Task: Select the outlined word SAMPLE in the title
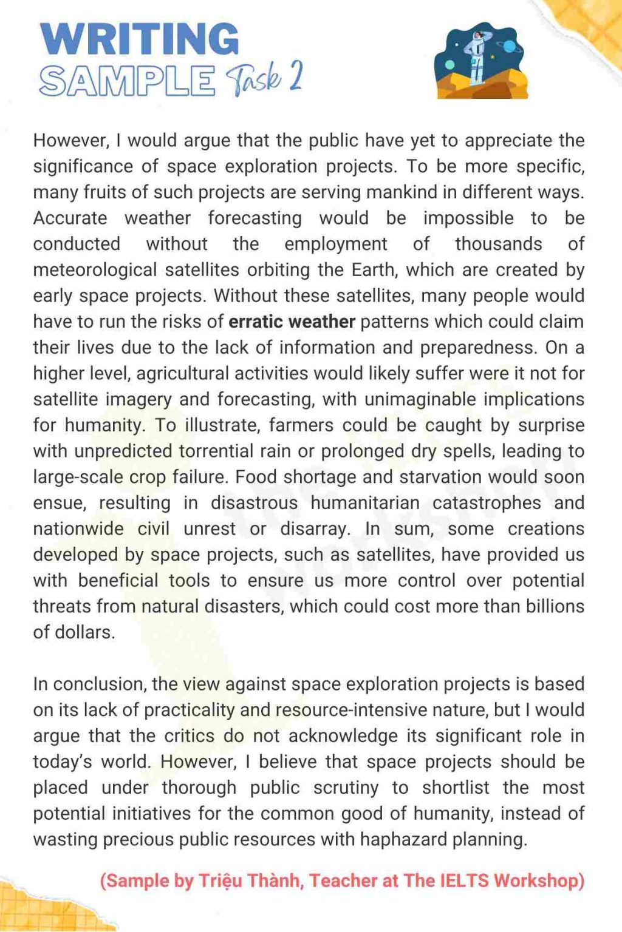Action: tap(127, 81)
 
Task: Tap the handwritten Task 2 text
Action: tap(264, 78)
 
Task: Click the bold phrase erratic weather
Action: tap(292, 322)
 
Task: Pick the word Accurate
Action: tap(70, 218)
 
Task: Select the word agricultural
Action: tap(182, 374)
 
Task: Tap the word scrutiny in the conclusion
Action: tap(346, 788)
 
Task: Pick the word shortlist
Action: tap(456, 788)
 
